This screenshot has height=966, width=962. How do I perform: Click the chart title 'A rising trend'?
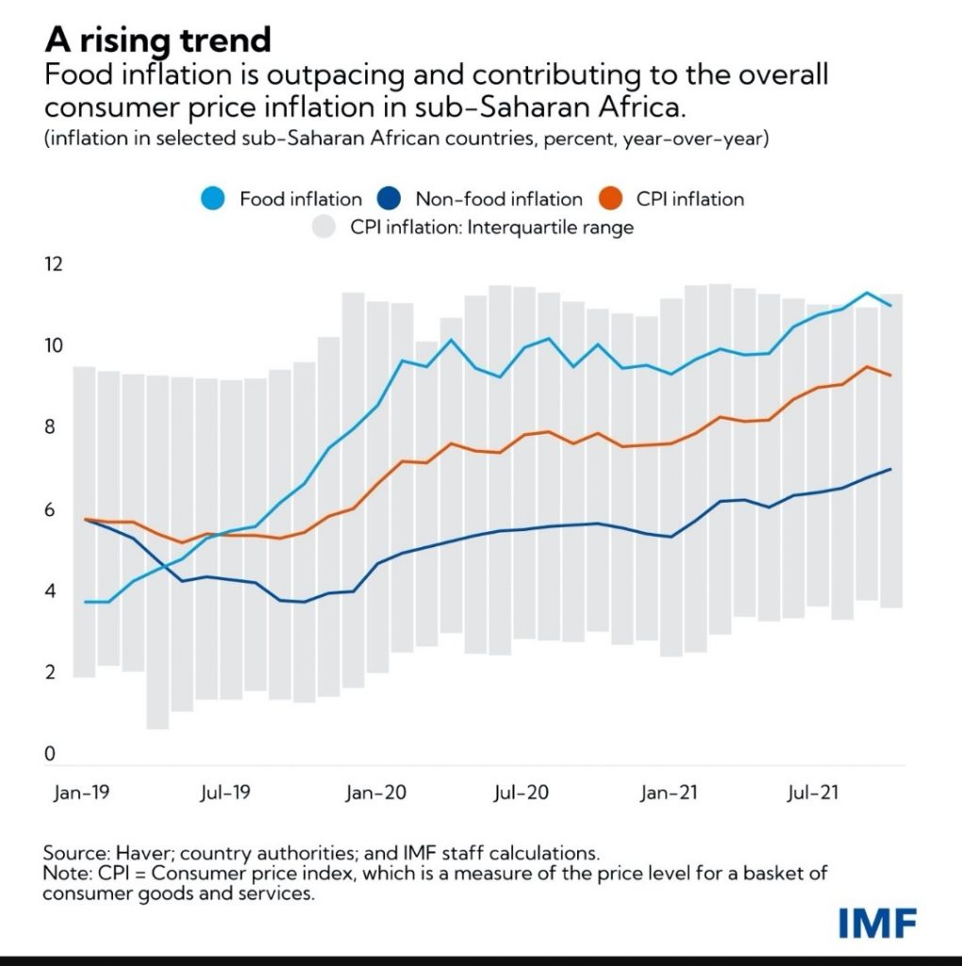pyautogui.click(x=157, y=40)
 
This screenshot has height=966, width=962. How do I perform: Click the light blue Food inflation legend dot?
pyautogui.click(x=214, y=199)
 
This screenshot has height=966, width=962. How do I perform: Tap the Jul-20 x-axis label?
pyautogui.click(x=522, y=793)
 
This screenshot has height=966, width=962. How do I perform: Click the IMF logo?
pyautogui.click(x=876, y=924)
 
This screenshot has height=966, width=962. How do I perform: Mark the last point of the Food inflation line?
pyautogui.click(x=891, y=305)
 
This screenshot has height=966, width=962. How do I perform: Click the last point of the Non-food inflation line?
pyautogui.click(x=891, y=469)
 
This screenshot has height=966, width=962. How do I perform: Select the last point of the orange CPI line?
pyautogui.click(x=891, y=375)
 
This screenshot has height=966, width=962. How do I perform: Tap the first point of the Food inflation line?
pyautogui.click(x=86, y=602)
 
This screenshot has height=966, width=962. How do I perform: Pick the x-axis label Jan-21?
pyautogui.click(x=669, y=793)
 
